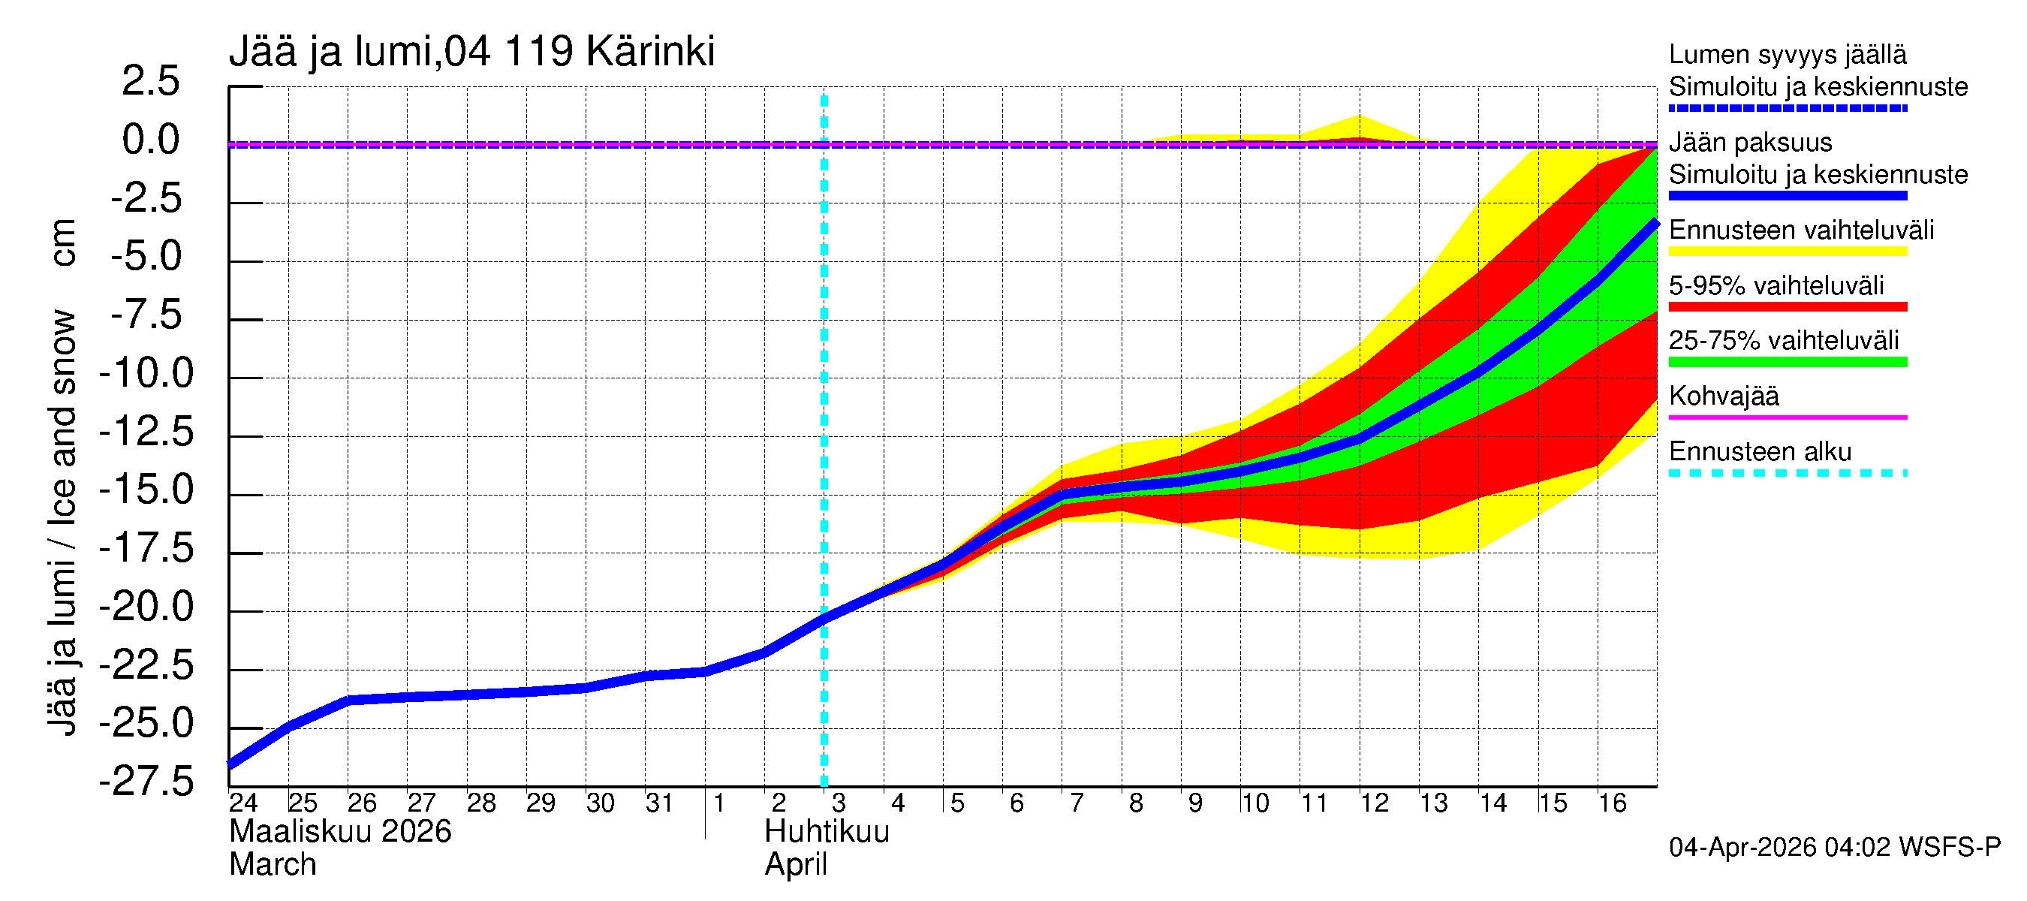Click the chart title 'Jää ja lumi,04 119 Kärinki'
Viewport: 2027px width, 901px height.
point(471,52)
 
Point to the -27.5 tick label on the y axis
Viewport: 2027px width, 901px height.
point(146,782)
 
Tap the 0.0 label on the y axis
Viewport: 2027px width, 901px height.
point(150,140)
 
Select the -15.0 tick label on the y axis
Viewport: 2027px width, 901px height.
point(146,490)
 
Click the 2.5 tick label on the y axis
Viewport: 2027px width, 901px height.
point(150,82)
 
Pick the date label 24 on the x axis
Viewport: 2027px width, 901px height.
point(243,803)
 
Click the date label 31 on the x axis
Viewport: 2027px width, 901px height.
point(659,803)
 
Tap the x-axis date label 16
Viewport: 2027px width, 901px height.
point(1612,803)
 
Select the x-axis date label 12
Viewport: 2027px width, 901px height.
point(1374,803)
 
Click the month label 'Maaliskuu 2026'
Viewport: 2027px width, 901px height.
point(340,832)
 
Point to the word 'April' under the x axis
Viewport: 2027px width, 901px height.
point(796,865)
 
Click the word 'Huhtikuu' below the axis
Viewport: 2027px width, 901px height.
point(827,832)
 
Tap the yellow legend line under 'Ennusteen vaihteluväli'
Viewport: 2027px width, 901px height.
point(1787,252)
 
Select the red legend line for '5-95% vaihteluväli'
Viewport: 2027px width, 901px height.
point(1787,307)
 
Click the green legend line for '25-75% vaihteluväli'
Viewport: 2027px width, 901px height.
point(1787,362)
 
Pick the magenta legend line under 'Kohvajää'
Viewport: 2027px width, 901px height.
point(1787,417)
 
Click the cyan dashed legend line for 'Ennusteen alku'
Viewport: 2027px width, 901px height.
point(1787,473)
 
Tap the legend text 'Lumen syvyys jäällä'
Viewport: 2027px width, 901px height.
point(1787,55)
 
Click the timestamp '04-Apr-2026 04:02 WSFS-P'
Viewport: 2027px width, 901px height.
point(1834,848)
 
